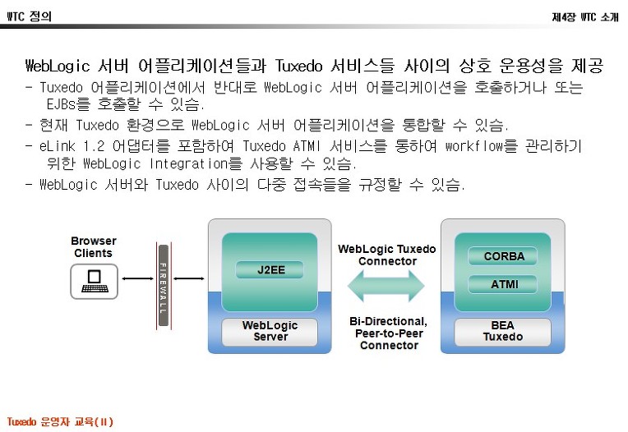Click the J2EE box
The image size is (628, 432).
pos(270,269)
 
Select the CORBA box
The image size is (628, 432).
pos(503,256)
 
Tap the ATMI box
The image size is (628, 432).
pos(503,284)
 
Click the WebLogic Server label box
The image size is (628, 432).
pos(270,331)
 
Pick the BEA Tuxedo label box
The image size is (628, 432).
pos(502,331)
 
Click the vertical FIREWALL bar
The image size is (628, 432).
pos(164,285)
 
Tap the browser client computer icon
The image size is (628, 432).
pos(95,281)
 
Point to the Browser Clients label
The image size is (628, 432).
pos(94,247)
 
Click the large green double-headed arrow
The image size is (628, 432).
pos(386,286)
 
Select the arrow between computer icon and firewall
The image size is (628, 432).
pos(138,278)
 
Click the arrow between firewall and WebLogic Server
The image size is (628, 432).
pos(189,278)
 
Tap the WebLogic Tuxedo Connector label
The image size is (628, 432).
pos(387,255)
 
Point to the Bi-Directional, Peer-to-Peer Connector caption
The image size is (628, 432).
pos(389,333)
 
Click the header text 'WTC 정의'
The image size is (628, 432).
pos(30,16)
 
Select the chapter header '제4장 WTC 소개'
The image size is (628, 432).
pos(585,16)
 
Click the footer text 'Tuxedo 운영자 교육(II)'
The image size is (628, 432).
pos(60,421)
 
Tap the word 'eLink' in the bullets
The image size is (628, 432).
pos(58,146)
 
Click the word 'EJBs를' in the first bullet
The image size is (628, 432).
pos(68,104)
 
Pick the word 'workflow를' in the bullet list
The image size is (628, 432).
pos(482,146)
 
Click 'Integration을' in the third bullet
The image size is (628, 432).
pos(196,163)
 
